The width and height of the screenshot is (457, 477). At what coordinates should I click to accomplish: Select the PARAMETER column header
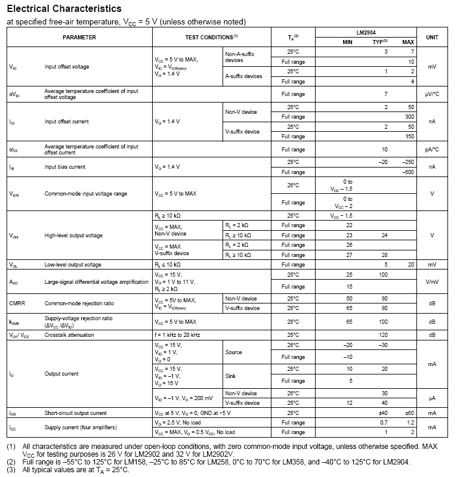79,37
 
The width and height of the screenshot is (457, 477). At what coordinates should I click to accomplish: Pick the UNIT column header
432,37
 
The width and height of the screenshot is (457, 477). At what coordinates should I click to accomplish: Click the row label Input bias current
65,167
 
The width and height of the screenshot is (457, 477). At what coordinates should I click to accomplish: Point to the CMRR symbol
17,303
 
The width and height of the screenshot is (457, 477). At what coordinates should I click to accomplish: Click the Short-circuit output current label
76,413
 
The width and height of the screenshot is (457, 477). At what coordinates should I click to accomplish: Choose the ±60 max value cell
408,413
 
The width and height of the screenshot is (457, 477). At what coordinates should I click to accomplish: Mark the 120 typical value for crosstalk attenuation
385,335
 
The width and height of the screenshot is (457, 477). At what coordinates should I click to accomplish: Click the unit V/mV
432,282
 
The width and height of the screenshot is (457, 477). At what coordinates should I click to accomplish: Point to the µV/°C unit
432,94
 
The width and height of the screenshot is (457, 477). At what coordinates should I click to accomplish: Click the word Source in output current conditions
233,352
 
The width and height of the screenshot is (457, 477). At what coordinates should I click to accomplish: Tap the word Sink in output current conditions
231,376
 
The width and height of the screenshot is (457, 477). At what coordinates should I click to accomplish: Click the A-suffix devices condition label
243,76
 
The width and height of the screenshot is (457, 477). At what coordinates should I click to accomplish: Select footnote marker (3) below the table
11,470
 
